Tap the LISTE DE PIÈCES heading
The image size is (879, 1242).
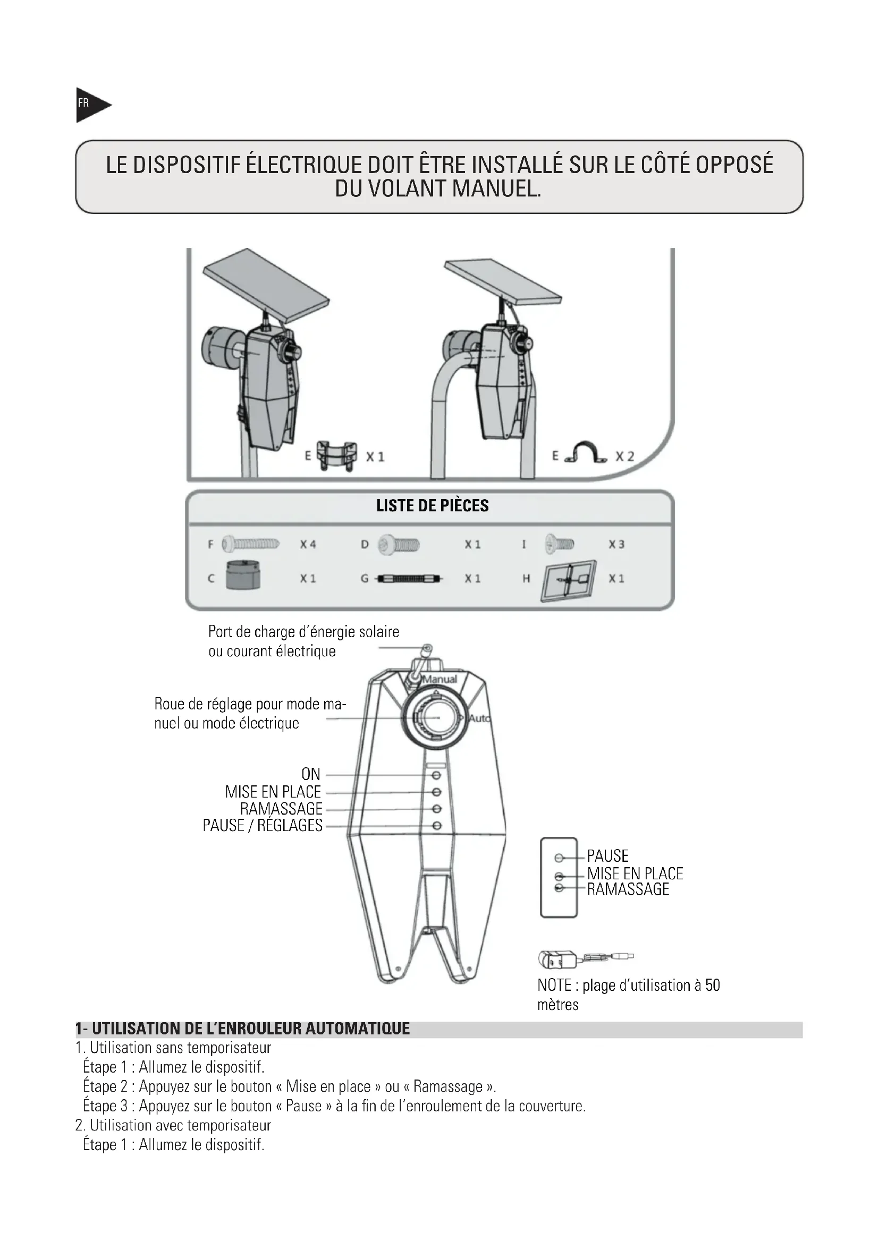point(432,506)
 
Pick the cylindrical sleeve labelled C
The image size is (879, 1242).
point(242,575)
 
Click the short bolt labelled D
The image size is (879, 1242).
point(399,544)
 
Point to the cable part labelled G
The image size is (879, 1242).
point(409,578)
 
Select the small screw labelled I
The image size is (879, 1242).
point(560,544)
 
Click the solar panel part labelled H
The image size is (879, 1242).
point(568,580)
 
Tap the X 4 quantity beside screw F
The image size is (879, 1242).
point(308,544)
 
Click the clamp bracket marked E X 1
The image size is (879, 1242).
point(336,456)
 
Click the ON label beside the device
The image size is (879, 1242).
point(311,774)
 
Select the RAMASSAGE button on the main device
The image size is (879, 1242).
point(437,809)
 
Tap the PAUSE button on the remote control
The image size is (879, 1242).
point(559,858)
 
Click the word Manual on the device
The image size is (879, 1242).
point(439,680)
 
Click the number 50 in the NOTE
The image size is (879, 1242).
point(712,985)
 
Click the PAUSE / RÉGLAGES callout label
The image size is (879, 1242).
point(263,826)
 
